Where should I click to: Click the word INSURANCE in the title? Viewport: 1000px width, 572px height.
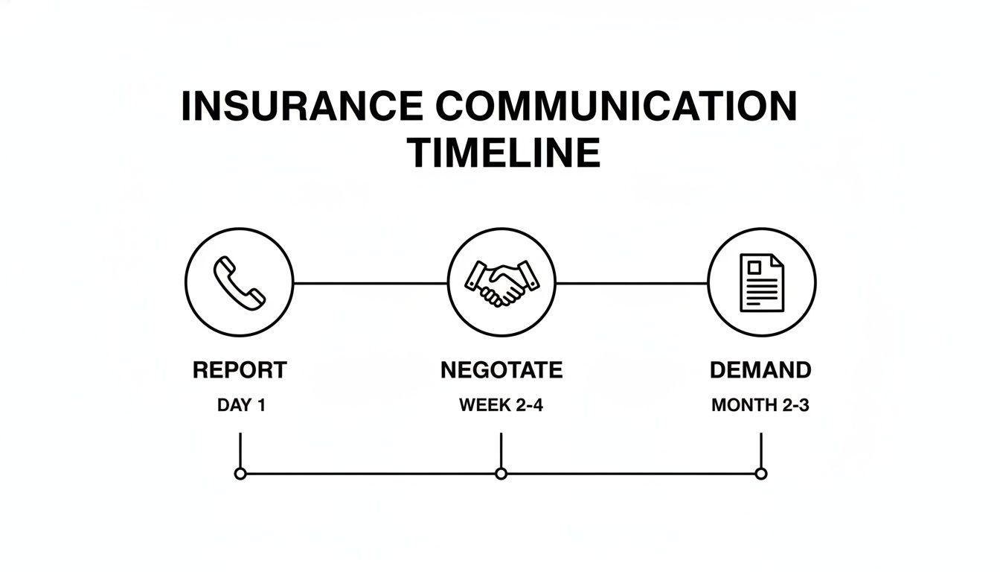302,107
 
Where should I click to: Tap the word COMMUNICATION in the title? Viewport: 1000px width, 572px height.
616,107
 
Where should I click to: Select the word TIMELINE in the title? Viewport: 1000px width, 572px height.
504,153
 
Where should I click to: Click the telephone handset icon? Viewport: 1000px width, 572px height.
239,282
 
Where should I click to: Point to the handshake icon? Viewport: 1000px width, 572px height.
501,283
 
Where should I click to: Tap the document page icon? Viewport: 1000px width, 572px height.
761,283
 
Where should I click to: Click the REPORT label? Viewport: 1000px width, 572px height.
240,370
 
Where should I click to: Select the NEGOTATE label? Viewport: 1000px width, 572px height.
501,370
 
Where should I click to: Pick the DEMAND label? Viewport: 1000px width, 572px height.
760,370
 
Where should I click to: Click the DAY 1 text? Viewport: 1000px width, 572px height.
241,406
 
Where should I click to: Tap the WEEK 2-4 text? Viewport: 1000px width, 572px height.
501,406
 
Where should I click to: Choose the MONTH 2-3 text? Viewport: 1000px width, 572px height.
760,406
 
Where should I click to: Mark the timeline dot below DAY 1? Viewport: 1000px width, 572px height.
240,474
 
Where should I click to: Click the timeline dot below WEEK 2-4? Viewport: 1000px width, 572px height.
501,474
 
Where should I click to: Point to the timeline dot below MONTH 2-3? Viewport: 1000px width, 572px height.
760,474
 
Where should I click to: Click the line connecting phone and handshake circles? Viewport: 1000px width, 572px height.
371,283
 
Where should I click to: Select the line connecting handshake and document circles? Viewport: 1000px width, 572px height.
631,283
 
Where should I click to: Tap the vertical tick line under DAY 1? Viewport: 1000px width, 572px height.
240,449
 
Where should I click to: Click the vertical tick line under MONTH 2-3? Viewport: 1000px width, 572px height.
760,449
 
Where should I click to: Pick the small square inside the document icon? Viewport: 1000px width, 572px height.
753,267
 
